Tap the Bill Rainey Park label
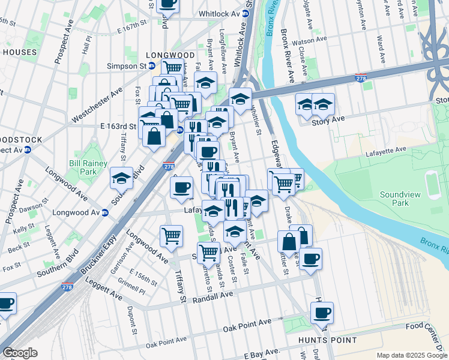click(88, 167)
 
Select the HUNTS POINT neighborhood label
click(328, 340)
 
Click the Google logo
click(20, 353)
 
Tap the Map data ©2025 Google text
click(411, 355)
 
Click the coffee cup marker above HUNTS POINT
click(321, 313)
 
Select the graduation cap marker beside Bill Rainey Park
click(121, 178)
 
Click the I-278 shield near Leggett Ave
click(68, 288)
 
